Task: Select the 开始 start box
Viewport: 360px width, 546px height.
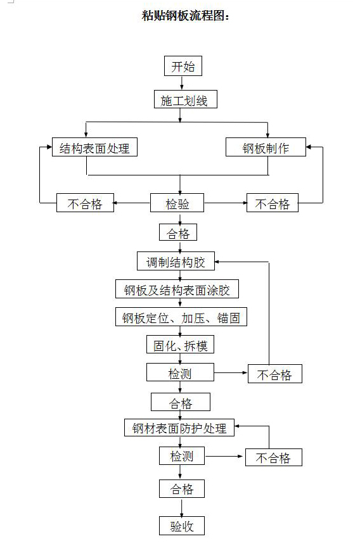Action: (183, 67)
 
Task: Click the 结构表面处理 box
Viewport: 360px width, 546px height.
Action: (94, 148)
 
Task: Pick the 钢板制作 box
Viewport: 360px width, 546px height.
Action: (266, 148)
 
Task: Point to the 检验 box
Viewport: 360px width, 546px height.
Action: (177, 203)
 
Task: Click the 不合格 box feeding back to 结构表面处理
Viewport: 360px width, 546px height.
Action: (85, 203)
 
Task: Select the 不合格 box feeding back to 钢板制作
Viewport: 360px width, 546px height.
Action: (273, 203)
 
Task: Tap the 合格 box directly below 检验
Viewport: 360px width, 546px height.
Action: (178, 233)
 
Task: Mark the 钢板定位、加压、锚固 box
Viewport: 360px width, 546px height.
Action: (181, 318)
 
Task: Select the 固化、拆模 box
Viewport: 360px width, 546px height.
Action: (180, 345)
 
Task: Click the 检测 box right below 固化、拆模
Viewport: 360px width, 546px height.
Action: (179, 373)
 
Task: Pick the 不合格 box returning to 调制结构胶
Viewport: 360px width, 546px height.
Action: (274, 374)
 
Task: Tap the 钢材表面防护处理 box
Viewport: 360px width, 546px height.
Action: (179, 428)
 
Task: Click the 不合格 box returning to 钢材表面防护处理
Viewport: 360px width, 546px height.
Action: (273, 457)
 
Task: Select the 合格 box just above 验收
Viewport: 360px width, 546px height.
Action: (181, 489)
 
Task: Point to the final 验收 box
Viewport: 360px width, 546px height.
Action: (181, 526)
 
